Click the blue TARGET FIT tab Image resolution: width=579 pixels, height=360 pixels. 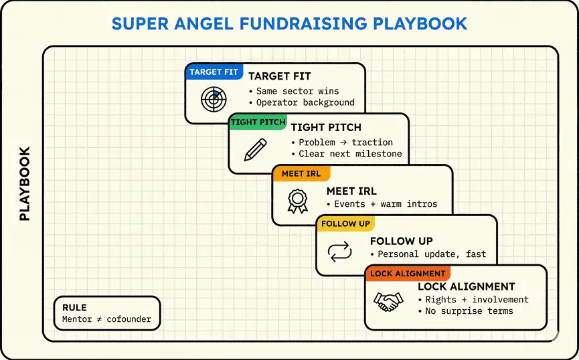[x=214, y=72]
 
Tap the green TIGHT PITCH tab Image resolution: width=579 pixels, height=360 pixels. [x=258, y=122]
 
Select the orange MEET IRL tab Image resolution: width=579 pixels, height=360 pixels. [x=301, y=173]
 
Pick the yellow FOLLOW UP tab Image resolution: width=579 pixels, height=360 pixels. [x=345, y=223]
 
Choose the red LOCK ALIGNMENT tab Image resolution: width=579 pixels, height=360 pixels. [x=408, y=274]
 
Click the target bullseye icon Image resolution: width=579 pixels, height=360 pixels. [x=214, y=98]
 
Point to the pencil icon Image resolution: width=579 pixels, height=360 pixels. [x=256, y=149]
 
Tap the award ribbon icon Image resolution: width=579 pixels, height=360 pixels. [x=298, y=201]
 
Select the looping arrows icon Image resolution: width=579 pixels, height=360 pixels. [x=340, y=252]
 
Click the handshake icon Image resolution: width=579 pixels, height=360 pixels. [x=388, y=302]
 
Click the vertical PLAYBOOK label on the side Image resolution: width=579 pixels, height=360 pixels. [x=25, y=184]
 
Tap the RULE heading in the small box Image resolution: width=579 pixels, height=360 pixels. [x=74, y=308]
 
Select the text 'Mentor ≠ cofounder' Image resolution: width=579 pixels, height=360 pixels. [x=106, y=319]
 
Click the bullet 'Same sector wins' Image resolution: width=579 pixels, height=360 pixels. [x=294, y=91]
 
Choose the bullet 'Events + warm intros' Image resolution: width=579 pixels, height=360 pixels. [x=382, y=204]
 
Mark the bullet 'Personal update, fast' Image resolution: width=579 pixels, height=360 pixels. [x=428, y=254]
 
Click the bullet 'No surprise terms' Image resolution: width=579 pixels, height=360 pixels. [x=466, y=311]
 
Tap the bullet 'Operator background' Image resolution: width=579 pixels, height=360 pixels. [x=302, y=102]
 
